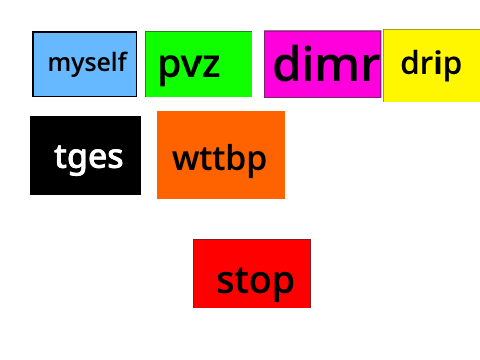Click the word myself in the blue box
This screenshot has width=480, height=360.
click(87, 63)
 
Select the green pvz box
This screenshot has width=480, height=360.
click(199, 64)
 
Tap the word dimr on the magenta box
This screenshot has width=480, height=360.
click(326, 64)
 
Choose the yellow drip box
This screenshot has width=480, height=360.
click(432, 66)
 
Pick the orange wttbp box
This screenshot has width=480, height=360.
click(221, 155)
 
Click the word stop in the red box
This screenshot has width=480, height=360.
click(255, 283)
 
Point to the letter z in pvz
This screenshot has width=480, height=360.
click(209, 65)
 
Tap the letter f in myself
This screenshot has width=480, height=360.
click(123, 61)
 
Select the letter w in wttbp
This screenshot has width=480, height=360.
click(184, 160)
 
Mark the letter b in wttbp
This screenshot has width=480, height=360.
click(233, 157)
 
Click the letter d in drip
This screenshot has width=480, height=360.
click(410, 62)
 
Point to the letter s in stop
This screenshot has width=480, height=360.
click(224, 282)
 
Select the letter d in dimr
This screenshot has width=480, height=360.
click(287, 63)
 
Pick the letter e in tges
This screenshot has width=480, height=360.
click(101, 158)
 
